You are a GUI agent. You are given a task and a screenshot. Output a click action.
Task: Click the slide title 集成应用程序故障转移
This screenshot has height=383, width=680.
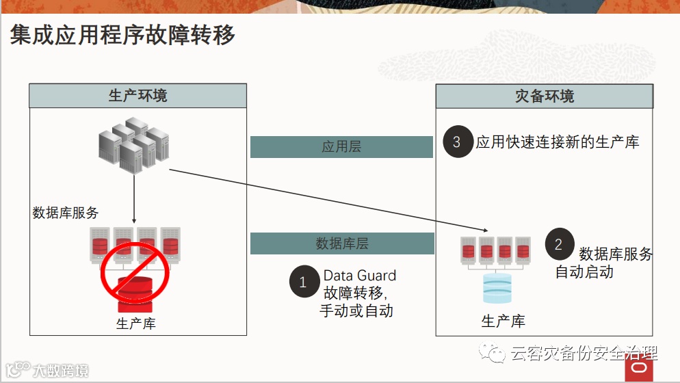tap(122, 35)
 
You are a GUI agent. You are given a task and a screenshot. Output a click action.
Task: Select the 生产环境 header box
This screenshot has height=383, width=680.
tap(138, 96)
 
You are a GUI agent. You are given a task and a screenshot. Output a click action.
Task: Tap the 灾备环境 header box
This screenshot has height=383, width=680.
tap(545, 96)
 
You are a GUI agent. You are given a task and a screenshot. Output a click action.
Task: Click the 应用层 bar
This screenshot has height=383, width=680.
tap(341, 147)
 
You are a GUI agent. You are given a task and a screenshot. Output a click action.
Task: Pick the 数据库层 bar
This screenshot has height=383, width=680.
tap(342, 243)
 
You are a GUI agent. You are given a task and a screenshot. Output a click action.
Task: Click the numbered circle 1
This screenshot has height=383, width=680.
tap(304, 282)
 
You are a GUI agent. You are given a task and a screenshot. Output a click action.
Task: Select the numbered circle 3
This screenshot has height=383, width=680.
tap(457, 142)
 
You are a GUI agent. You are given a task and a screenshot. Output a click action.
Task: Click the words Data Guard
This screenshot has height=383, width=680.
tap(360, 276)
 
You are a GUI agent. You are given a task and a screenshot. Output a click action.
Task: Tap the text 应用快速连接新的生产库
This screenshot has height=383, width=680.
tap(558, 142)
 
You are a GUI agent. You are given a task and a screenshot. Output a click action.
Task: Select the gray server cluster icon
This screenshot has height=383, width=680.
tap(133, 144)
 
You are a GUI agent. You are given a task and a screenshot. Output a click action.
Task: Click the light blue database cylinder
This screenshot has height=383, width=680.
tap(497, 288)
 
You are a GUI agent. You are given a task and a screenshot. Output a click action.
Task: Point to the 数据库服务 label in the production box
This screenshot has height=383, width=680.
tap(66, 213)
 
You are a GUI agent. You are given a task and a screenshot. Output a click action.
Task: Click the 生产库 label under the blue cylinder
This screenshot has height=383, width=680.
tap(503, 321)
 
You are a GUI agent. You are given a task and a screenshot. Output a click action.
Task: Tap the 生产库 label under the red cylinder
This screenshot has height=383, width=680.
tap(136, 323)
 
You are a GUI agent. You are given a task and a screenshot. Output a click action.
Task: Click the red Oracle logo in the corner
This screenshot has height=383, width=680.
tap(639, 369)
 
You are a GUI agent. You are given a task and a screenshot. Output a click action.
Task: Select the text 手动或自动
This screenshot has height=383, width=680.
tap(356, 311)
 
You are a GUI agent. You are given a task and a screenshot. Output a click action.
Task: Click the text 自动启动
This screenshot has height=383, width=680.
tap(584, 272)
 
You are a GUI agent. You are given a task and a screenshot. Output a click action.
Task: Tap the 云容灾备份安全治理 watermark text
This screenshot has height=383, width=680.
tap(584, 353)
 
